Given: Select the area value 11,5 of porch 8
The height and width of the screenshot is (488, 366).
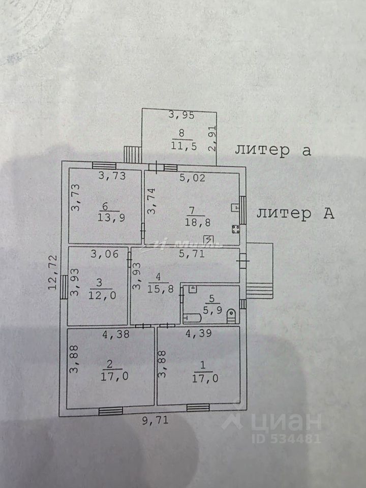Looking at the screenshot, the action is (x=181, y=146).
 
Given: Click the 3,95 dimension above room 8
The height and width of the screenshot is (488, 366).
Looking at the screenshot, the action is (x=181, y=115).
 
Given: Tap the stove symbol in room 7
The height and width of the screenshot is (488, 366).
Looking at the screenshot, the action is (x=236, y=229).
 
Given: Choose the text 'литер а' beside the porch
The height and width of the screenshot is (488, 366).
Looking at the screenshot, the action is (x=272, y=150).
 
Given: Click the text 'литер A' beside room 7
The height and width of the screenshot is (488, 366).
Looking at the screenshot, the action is (x=295, y=214).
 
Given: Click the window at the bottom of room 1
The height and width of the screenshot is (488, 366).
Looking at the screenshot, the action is (x=198, y=407).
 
